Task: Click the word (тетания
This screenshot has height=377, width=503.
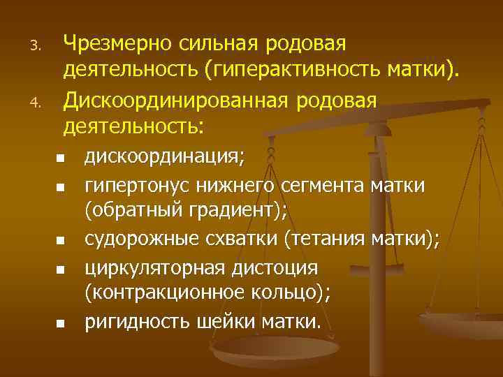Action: pos(317,240)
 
